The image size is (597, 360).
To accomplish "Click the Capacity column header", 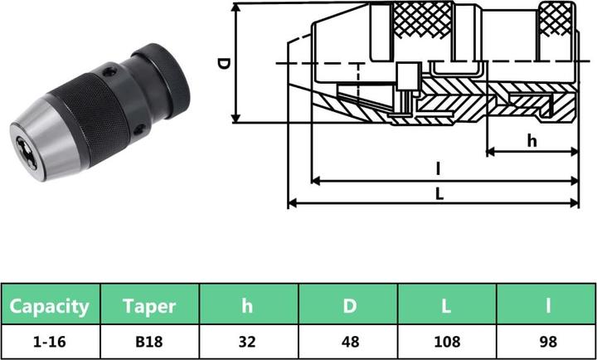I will coord(50,305).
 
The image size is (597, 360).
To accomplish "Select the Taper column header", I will coord(149,305).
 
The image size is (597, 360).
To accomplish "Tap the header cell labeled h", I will coord(247,305).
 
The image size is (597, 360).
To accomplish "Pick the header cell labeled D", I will coord(348,305).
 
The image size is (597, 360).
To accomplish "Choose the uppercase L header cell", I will coord(446,305).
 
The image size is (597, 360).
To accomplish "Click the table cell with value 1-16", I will coord(50,341).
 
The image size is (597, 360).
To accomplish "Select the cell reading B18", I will coord(149,341).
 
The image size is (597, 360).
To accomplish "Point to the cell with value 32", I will coord(247,341).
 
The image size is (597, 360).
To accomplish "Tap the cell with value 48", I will coord(348,341).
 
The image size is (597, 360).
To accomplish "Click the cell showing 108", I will coord(446,341).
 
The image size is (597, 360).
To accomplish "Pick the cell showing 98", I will coord(546,341).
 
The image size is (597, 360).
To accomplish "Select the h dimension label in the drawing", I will coord(531,140).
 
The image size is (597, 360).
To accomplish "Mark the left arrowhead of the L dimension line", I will coord(290,203).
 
